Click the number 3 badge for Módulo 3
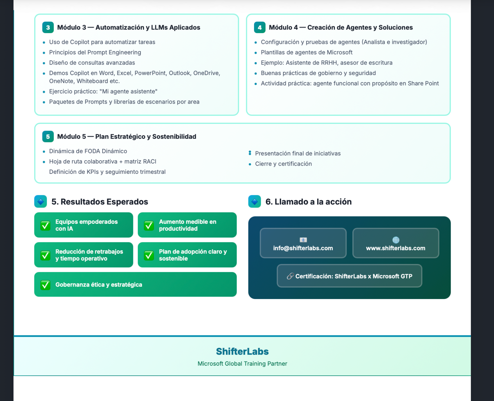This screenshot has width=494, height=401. coord(48,28)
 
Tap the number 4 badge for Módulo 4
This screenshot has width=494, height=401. coord(260,28)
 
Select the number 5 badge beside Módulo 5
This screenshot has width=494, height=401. coord(48,137)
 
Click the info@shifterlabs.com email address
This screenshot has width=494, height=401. coord(303,248)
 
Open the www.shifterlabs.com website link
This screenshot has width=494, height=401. coord(395,248)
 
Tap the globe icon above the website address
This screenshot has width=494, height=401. coord(396,240)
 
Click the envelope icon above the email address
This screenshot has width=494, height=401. coord(303,240)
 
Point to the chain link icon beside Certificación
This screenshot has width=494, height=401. coord(290,276)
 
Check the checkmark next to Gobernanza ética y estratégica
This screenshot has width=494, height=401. coord(45,285)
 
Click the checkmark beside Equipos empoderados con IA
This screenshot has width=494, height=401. coord(45,225)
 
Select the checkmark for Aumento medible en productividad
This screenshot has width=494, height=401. coord(149,225)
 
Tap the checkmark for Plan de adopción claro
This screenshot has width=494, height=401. coord(149,255)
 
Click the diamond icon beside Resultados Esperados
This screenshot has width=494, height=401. coord(41,202)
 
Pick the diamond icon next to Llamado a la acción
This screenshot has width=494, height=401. coord(255,202)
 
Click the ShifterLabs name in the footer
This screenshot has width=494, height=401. coord(242,352)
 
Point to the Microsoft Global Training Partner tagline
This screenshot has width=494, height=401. coord(242,364)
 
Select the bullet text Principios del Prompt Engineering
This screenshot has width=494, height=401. coord(95,53)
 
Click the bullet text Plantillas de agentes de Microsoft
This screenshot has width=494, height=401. coord(306,53)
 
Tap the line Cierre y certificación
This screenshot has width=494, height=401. coord(283,164)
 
